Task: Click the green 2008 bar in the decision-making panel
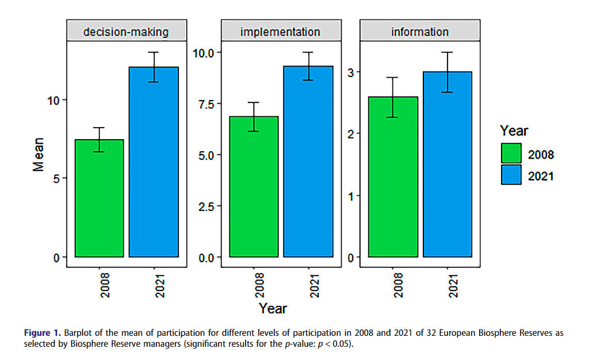point(99,198)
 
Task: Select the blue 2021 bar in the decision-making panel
point(154,162)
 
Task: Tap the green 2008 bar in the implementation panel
point(254,186)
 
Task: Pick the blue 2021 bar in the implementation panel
point(308,162)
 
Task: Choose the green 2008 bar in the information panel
point(393,177)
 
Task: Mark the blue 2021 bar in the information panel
point(447,164)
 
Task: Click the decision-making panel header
point(126,32)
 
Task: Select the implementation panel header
point(280,32)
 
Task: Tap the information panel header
point(420,32)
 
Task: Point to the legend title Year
point(514,131)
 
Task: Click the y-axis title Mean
point(38,154)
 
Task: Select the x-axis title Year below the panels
point(273,308)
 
